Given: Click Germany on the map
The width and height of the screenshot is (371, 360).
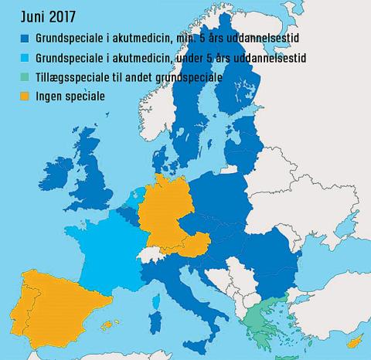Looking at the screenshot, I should [x=166, y=205].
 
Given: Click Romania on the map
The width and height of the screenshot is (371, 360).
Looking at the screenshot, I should [x=267, y=263].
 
